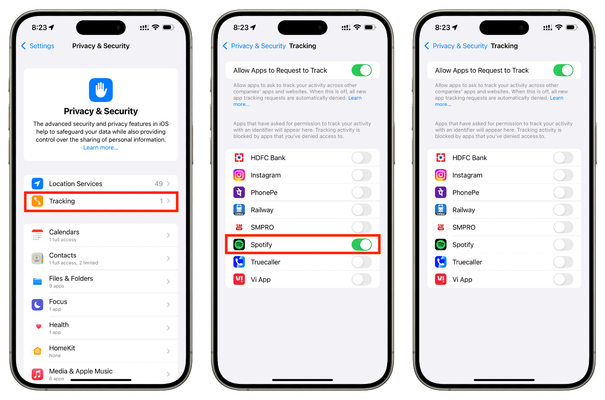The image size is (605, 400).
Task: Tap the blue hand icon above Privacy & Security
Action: pos(101,90)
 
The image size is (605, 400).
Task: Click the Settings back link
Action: pos(38,46)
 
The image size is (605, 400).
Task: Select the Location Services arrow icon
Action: pos(37,184)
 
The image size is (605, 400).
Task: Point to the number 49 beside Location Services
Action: pos(159,184)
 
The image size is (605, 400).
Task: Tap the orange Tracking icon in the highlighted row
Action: pos(37,201)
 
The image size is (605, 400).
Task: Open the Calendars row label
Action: pos(64,232)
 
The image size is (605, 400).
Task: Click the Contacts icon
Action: pos(37,258)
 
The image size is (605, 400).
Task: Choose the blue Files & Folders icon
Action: pos(37,281)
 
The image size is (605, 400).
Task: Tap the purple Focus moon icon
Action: pos(37,305)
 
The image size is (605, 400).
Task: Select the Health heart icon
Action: pos(37,328)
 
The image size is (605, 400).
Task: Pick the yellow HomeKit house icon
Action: pos(37,351)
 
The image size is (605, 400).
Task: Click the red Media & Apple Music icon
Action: pos(37,374)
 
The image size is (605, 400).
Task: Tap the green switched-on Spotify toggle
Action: pos(362,245)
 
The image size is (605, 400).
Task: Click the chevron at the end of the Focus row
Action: pos(168,305)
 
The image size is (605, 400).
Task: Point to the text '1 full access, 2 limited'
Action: pos(74,263)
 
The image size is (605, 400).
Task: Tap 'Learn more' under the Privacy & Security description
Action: pos(101,148)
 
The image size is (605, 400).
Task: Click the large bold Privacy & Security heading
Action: pos(101,111)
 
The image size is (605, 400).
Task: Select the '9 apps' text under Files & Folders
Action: pos(57,286)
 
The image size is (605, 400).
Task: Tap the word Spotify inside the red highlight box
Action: pos(261,245)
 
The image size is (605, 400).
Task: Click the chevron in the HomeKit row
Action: pos(168,351)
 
